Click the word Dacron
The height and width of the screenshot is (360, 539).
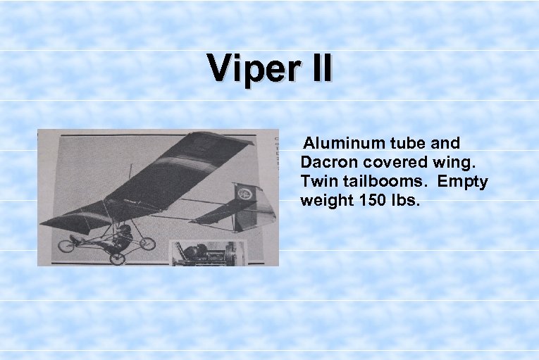pos(328,162)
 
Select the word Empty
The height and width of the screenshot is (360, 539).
pos(463,181)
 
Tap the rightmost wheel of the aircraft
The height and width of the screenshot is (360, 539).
pos(147,244)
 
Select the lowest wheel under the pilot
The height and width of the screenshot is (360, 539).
pos(117,257)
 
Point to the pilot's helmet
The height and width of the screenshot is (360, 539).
pos(125,229)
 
